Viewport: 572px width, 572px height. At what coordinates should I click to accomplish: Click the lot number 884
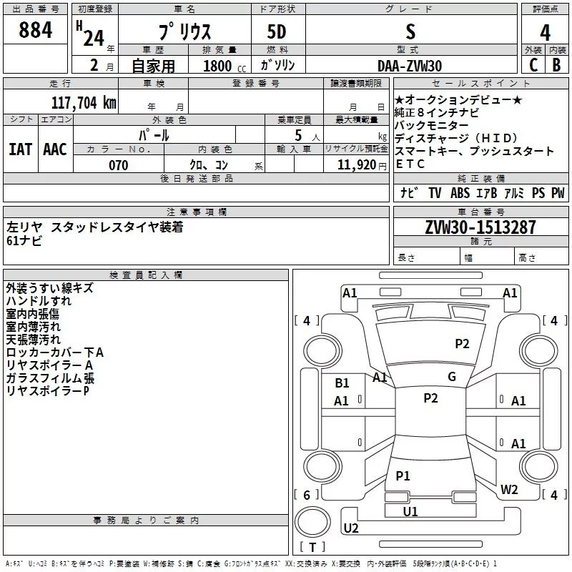pos(36,30)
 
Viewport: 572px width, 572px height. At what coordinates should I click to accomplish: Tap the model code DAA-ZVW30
pos(410,66)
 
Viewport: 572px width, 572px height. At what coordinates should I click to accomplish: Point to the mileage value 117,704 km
pos(84,102)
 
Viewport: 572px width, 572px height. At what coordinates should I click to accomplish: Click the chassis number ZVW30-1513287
pos(480,227)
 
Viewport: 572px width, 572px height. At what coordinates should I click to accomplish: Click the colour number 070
pos(118,165)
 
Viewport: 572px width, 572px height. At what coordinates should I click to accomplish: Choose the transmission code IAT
pos(21,149)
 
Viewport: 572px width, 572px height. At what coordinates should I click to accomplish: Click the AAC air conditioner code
pos(55,149)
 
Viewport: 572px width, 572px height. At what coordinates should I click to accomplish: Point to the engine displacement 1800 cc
pos(219,66)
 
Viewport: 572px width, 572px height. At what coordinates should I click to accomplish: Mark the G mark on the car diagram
pos(451,377)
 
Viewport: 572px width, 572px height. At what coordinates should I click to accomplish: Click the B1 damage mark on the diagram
pos(342,383)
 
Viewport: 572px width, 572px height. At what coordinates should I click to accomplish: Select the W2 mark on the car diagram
pos(509,490)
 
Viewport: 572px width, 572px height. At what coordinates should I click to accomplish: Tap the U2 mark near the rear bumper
pos(351,528)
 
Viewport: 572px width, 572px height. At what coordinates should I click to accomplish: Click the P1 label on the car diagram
pos(403,475)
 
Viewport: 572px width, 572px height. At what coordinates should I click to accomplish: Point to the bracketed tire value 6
pos(307,495)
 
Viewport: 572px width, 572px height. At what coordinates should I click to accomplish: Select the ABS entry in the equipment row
pos(460,193)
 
